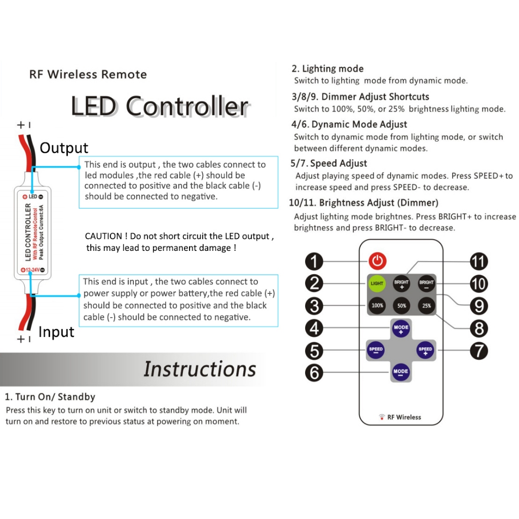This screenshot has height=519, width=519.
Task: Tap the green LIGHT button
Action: coord(377,283)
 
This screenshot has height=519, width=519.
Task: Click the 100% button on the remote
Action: coord(377,306)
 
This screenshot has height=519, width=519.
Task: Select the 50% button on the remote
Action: coord(401,306)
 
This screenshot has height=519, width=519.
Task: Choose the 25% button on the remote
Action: coord(426,306)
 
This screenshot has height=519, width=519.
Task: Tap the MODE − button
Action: coord(400,372)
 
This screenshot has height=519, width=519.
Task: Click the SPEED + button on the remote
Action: coord(425,349)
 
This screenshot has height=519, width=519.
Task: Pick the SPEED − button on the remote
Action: coord(376,350)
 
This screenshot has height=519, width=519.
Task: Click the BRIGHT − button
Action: coord(426,283)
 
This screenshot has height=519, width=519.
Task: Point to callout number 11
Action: coord(478,262)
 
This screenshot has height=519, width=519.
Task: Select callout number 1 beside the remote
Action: coord(314,262)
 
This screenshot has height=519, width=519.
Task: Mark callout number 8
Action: coord(478,328)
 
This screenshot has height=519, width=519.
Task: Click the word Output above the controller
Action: coord(64,148)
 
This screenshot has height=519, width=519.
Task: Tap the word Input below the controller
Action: coord(56,332)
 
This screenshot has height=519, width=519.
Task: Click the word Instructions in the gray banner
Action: coord(200,368)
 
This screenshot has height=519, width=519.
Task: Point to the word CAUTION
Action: coord(103,236)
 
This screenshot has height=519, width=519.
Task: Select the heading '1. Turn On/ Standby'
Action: coord(50,397)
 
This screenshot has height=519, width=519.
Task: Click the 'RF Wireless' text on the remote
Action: coord(404,417)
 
